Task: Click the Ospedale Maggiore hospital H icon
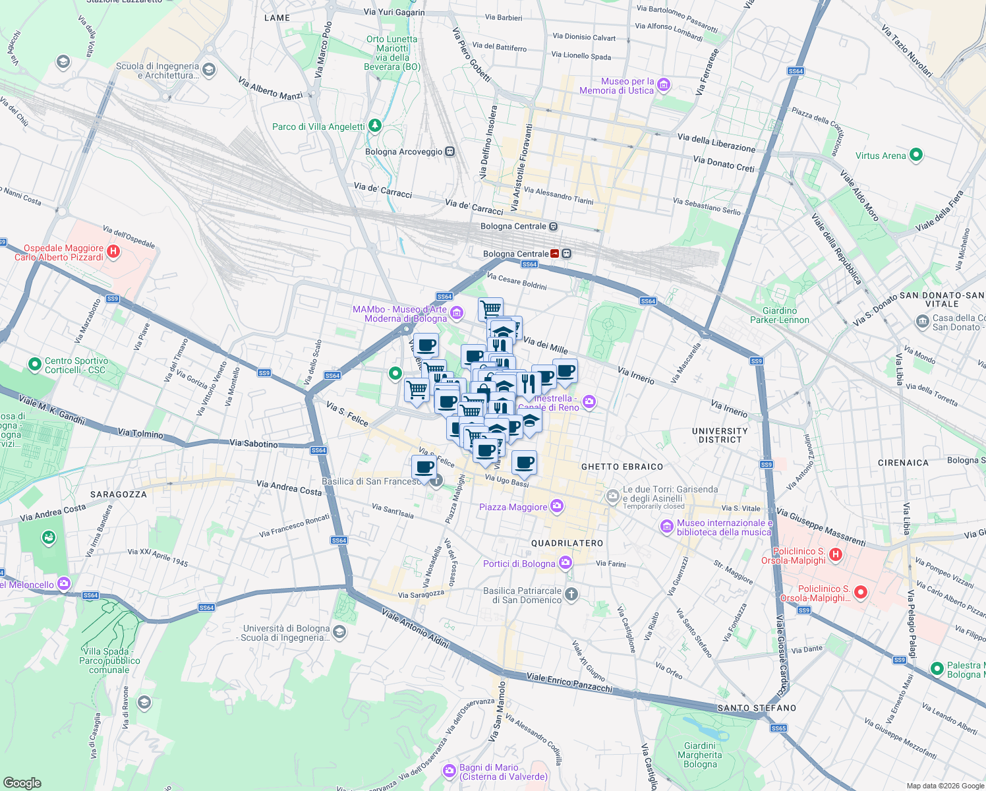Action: point(113,251)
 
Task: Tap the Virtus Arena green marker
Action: point(915,156)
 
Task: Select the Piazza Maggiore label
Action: point(513,507)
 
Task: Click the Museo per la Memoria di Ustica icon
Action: point(664,84)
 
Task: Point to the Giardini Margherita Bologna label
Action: point(700,755)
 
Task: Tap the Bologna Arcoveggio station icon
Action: point(449,152)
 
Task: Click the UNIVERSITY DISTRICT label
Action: point(720,435)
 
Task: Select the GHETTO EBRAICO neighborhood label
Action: point(622,467)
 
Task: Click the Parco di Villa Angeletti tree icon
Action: point(375,125)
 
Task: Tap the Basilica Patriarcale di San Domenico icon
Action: point(571,594)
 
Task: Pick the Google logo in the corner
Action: point(22,782)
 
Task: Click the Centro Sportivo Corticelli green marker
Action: point(34,364)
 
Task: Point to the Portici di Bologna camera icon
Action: point(565,562)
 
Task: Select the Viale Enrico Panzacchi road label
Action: point(569,683)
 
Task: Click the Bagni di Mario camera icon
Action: point(449,770)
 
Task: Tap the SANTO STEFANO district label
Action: point(757,708)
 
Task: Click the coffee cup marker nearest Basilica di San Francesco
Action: point(424,467)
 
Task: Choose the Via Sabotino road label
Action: point(254,444)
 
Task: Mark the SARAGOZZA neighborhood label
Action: point(119,494)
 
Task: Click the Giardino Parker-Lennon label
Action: point(780,315)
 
